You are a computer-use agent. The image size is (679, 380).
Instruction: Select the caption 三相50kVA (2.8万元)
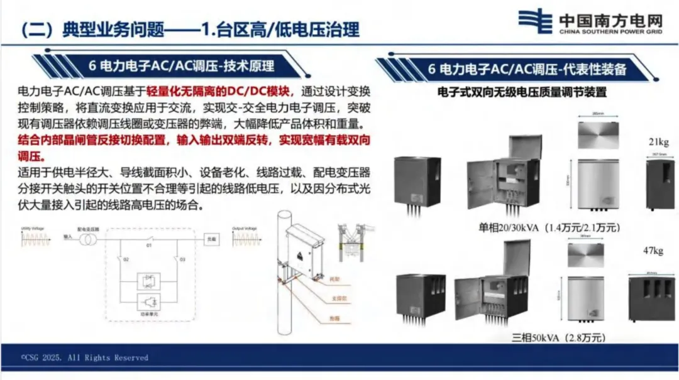click(x=559, y=337)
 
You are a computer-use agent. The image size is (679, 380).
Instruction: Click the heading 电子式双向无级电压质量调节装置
click(x=522, y=92)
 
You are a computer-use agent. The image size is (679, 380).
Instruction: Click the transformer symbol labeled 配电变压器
click(x=86, y=240)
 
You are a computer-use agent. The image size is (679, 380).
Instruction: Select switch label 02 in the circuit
click(x=126, y=259)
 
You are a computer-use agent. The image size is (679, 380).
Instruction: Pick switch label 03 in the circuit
click(x=182, y=259)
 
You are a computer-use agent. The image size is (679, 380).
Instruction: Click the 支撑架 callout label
click(x=336, y=298)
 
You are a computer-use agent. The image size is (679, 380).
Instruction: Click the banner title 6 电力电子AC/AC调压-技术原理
click(x=182, y=66)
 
